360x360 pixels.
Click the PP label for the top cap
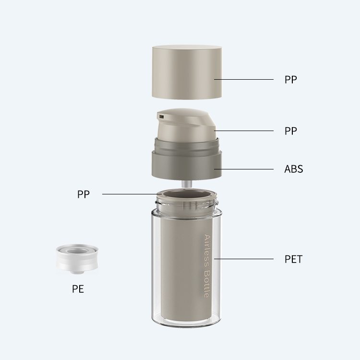click(291, 79)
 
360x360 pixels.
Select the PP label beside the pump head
click(291, 131)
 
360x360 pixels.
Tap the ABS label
click(294, 169)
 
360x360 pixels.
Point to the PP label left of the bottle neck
click(84, 194)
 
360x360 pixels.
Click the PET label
click(293, 259)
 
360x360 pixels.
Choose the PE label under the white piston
click(78, 289)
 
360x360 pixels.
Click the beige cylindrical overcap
click(187, 72)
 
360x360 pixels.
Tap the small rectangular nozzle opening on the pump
click(162, 117)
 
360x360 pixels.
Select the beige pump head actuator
click(187, 125)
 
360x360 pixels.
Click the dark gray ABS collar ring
click(187, 164)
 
